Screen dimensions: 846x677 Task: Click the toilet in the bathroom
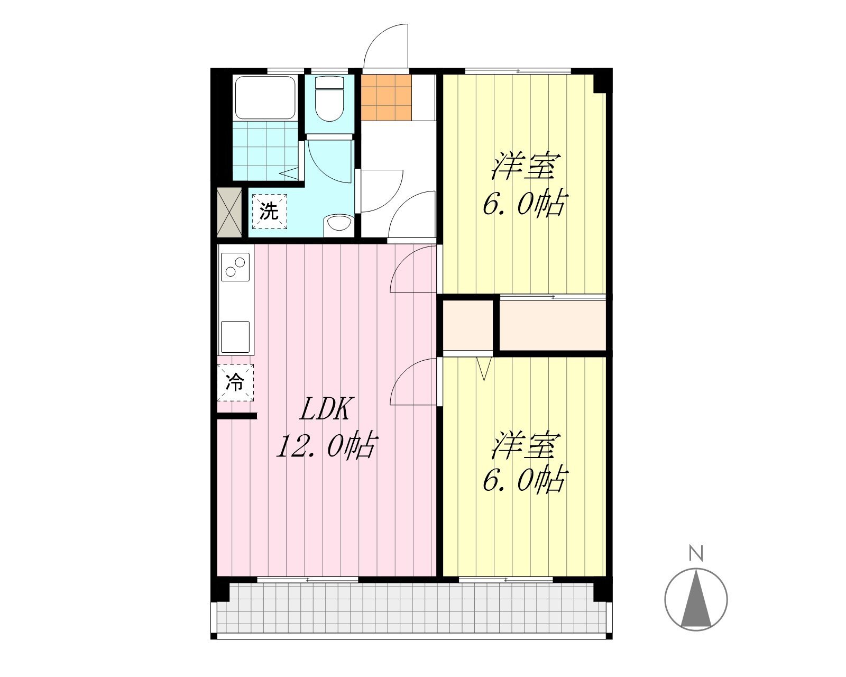pyautogui.click(x=329, y=98)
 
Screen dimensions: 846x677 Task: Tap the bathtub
pyautogui.click(x=264, y=97)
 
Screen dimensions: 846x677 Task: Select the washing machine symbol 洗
pyautogui.click(x=269, y=211)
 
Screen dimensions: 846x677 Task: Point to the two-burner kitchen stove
pyautogui.click(x=235, y=267)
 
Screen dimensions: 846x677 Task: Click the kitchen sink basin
pyautogui.click(x=235, y=337)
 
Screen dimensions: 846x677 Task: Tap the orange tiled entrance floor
pyautogui.click(x=386, y=97)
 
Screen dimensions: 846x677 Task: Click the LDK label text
pyautogui.click(x=325, y=409)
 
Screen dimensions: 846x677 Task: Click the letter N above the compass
pyautogui.click(x=696, y=553)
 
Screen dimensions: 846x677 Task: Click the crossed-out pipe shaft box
pyautogui.click(x=229, y=213)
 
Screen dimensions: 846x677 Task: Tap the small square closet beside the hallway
pyautogui.click(x=468, y=325)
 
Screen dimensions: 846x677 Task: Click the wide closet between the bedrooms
pyautogui.click(x=553, y=325)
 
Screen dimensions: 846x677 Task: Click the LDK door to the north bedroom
pyautogui.click(x=413, y=269)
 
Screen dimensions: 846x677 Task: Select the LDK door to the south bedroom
pyautogui.click(x=413, y=381)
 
